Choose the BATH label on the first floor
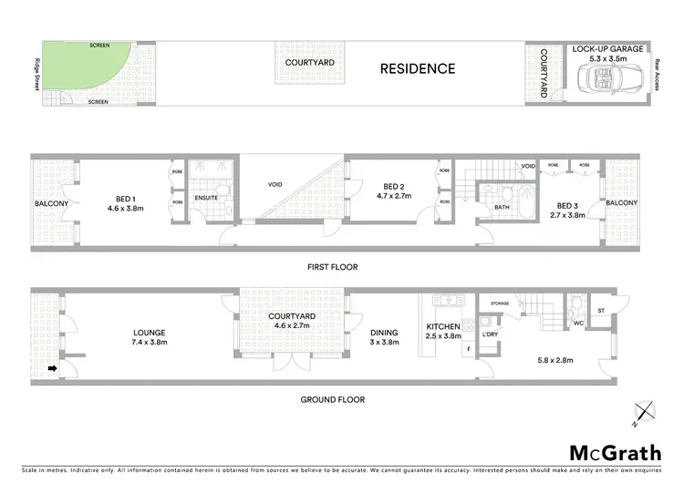(501, 208)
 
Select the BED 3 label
(567, 206)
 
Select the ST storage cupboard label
(600, 311)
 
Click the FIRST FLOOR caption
(333, 267)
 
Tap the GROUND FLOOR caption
(333, 399)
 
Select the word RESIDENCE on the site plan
(417, 68)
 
